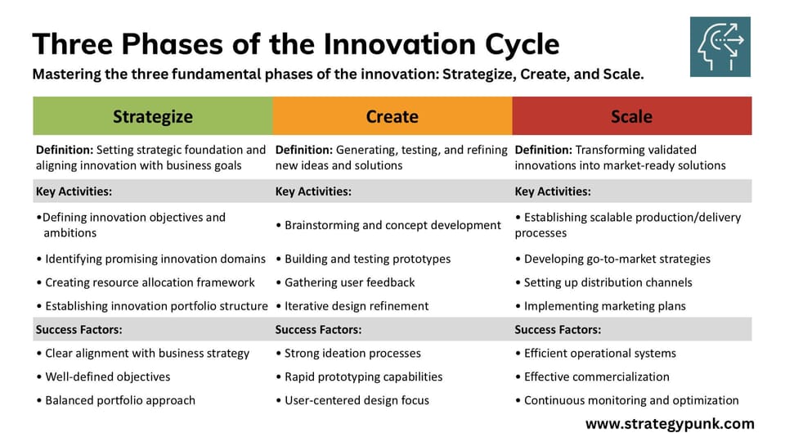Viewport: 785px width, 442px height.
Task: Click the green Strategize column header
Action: click(x=152, y=116)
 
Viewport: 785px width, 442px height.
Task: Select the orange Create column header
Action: click(x=392, y=116)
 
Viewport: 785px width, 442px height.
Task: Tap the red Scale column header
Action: click(x=631, y=116)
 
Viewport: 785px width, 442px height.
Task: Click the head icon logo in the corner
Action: click(x=720, y=47)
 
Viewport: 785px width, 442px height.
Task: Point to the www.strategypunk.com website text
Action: click(x=670, y=424)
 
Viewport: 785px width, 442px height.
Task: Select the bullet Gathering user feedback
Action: click(x=349, y=282)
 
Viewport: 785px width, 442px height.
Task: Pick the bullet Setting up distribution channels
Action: click(x=608, y=282)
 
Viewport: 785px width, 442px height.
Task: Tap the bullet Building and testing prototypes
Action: click(x=367, y=259)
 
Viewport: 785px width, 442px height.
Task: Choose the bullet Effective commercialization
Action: click(x=596, y=377)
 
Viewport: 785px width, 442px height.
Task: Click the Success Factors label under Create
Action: click(x=318, y=330)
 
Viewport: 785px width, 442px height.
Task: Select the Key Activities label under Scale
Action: click(x=553, y=192)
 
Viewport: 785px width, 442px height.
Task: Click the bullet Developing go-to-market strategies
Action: click(x=617, y=259)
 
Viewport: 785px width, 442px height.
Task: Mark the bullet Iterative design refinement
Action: click(x=357, y=306)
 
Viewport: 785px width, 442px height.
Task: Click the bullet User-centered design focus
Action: click(x=357, y=400)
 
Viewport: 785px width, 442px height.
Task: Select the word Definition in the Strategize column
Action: click(x=65, y=150)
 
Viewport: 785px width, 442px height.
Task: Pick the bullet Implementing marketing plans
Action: click(x=604, y=306)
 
